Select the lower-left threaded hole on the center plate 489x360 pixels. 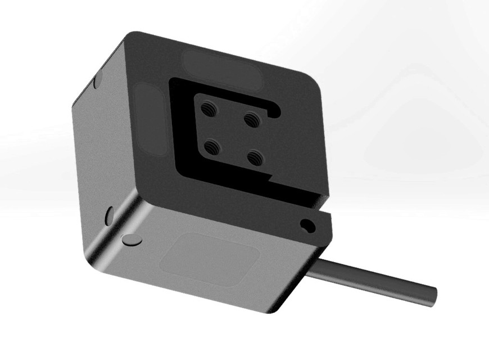tap(211, 147)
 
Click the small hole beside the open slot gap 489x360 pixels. tap(307, 226)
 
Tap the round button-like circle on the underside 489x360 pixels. tap(132, 239)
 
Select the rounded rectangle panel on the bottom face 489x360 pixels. tap(210, 259)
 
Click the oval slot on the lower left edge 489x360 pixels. tap(109, 216)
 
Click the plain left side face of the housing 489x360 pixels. tap(101, 157)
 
